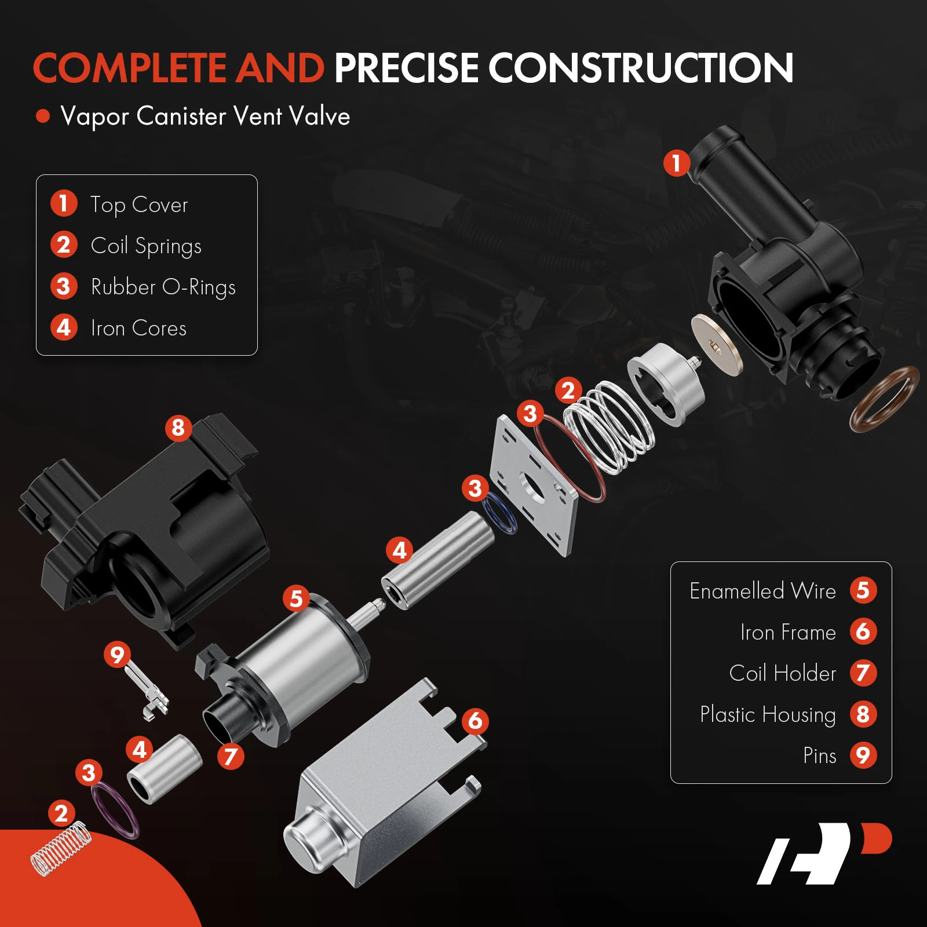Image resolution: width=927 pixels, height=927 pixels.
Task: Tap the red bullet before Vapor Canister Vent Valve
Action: tap(43, 116)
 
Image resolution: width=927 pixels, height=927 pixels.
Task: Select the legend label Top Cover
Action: tap(139, 205)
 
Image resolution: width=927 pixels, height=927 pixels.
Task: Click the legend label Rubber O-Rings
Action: tap(163, 287)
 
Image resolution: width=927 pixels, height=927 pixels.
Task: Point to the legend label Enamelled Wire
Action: tap(762, 591)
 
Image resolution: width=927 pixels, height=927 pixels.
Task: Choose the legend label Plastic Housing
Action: tap(768, 714)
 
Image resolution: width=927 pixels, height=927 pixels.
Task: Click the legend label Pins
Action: tap(820, 756)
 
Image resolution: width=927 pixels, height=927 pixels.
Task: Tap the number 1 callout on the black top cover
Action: tap(676, 163)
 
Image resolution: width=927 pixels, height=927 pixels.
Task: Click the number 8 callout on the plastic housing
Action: tap(178, 428)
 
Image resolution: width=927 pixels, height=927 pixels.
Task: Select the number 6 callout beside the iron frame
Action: tap(475, 721)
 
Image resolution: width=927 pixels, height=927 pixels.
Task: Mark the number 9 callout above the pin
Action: tap(117, 655)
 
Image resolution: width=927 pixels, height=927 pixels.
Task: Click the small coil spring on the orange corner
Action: tap(61, 849)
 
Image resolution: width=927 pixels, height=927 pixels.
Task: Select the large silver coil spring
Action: tap(608, 426)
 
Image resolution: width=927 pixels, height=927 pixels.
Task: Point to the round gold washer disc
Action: tap(717, 346)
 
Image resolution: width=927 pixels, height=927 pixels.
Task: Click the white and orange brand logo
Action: tap(824, 853)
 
